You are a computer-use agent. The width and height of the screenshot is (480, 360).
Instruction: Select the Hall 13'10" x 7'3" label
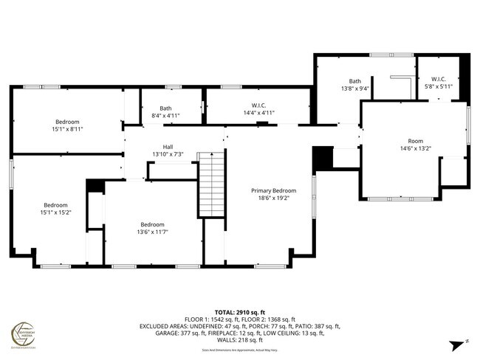pos(162,150)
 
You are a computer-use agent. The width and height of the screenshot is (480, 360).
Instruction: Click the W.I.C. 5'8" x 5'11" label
pos(438,83)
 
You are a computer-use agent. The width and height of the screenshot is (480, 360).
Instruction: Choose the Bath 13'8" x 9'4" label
pos(355,85)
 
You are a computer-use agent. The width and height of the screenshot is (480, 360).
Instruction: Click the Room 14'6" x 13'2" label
pos(416,145)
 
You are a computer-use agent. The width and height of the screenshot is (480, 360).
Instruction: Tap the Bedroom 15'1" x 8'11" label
pos(66,125)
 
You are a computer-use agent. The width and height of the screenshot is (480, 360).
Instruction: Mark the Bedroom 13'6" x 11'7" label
pos(153,229)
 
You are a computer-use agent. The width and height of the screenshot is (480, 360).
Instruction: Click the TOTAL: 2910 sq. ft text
pos(239,312)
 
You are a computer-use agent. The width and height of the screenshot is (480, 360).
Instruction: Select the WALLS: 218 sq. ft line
pos(239,340)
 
